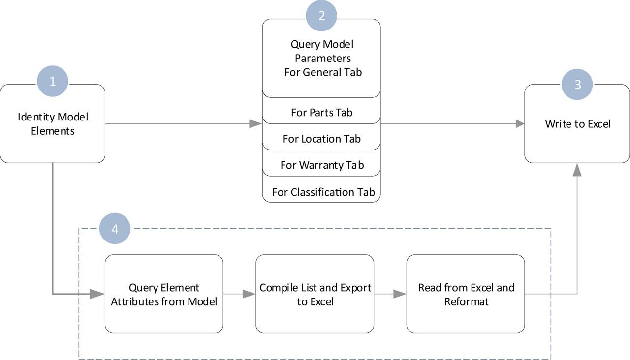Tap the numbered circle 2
pyautogui.click(x=321, y=16)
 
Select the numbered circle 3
pyautogui.click(x=577, y=84)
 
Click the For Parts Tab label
pyautogui.click(x=321, y=112)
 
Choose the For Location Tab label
pyautogui.click(x=321, y=139)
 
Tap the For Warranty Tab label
pyautogui.click(x=321, y=165)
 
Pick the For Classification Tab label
pyautogui.click(x=323, y=192)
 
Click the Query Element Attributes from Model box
pyautogui.click(x=164, y=294)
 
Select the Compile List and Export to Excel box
pyautogui.click(x=315, y=294)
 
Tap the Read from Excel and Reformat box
pyautogui.click(x=466, y=294)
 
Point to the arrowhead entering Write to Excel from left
pyautogui.click(x=519, y=124)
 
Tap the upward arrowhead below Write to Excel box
pyautogui.click(x=577, y=170)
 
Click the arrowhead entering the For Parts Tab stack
pyautogui.click(x=256, y=124)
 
